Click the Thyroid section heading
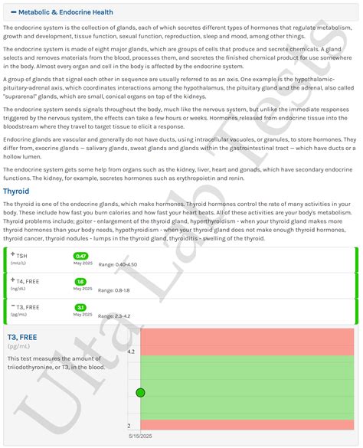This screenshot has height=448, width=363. pos(16,191)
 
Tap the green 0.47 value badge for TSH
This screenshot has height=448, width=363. pos(81,256)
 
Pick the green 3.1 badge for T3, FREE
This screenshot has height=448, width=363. pos(80,308)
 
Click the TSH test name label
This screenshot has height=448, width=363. pos(21,256)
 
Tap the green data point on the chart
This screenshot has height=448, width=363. pos(141,393)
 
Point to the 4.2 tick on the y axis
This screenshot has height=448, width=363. pos(130,352)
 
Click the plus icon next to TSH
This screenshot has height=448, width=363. pos(12,254)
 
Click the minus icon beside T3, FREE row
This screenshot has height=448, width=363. pos(12,306)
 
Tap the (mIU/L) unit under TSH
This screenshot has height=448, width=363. pos(18,264)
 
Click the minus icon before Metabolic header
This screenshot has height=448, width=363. pos(14,12)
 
